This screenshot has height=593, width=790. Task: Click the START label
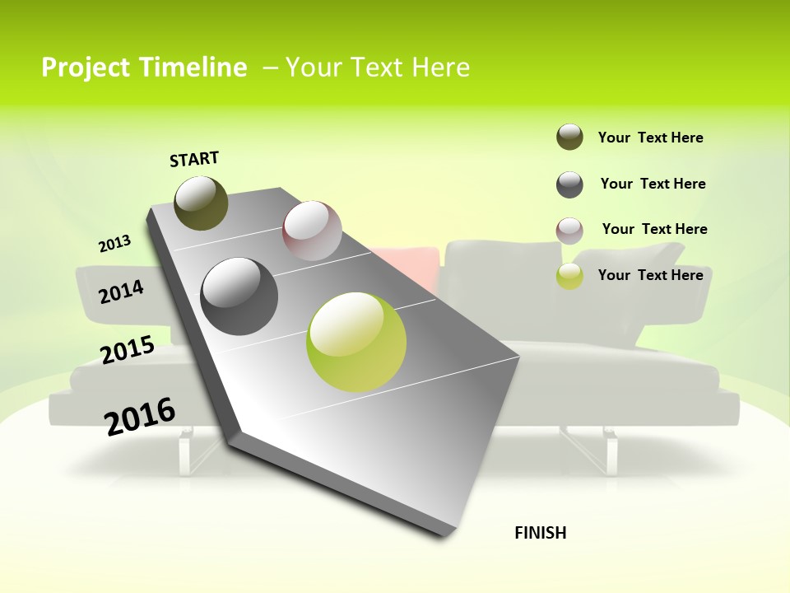tap(194, 159)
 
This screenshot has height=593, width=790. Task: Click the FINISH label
tap(540, 533)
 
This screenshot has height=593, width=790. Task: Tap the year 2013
tap(115, 243)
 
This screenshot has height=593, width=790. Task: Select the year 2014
tap(121, 292)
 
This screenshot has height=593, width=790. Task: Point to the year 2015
tap(128, 350)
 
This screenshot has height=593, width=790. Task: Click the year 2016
tap(140, 417)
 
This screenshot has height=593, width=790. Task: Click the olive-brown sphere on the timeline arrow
tap(201, 203)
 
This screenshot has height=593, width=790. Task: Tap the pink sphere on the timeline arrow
tap(312, 231)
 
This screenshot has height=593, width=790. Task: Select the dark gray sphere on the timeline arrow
tap(239, 296)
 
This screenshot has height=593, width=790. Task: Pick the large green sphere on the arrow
tap(356, 342)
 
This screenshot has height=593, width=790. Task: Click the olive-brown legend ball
tap(569, 137)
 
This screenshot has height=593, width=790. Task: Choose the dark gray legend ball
tap(569, 184)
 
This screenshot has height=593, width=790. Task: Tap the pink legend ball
tap(569, 231)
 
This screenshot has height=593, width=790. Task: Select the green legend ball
tap(569, 276)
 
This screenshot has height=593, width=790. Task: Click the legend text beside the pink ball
tap(654, 229)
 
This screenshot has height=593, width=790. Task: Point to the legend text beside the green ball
tap(650, 275)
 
